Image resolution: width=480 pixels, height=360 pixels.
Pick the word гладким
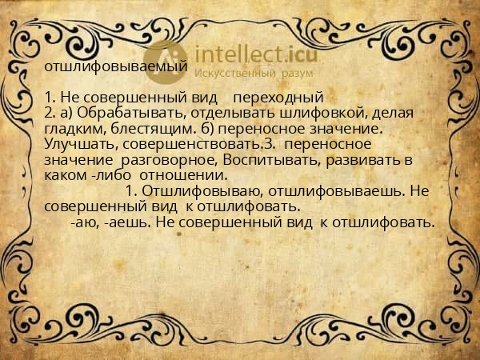(73, 128)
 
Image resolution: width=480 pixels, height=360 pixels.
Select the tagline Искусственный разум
(240, 74)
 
